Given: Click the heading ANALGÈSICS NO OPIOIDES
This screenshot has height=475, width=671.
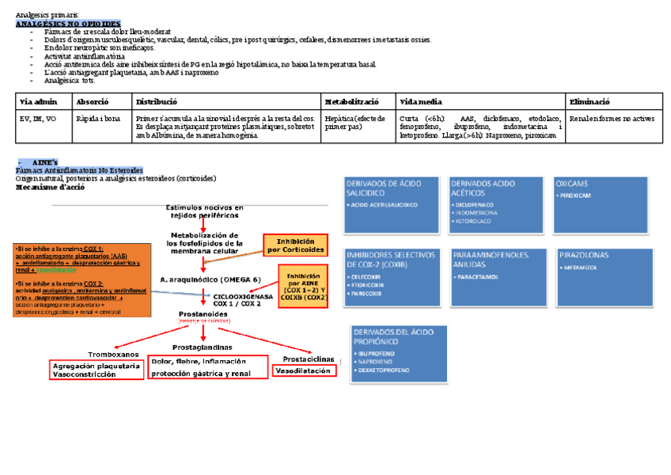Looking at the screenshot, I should coord(68,24).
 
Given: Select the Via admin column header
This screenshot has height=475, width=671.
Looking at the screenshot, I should coord(38,102).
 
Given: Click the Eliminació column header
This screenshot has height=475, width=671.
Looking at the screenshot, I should coord(589,102).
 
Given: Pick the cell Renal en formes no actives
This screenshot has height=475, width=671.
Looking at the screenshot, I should coord(612,119).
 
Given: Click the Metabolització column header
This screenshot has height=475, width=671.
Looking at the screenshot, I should coord(352,102).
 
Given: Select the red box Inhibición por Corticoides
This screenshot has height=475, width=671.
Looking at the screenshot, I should coord(295,245).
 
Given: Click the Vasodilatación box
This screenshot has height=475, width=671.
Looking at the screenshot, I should coord(304,370).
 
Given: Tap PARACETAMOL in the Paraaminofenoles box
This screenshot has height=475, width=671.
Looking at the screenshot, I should coord(477,277).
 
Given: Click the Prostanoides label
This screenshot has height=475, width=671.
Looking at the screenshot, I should coord(203,313).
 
